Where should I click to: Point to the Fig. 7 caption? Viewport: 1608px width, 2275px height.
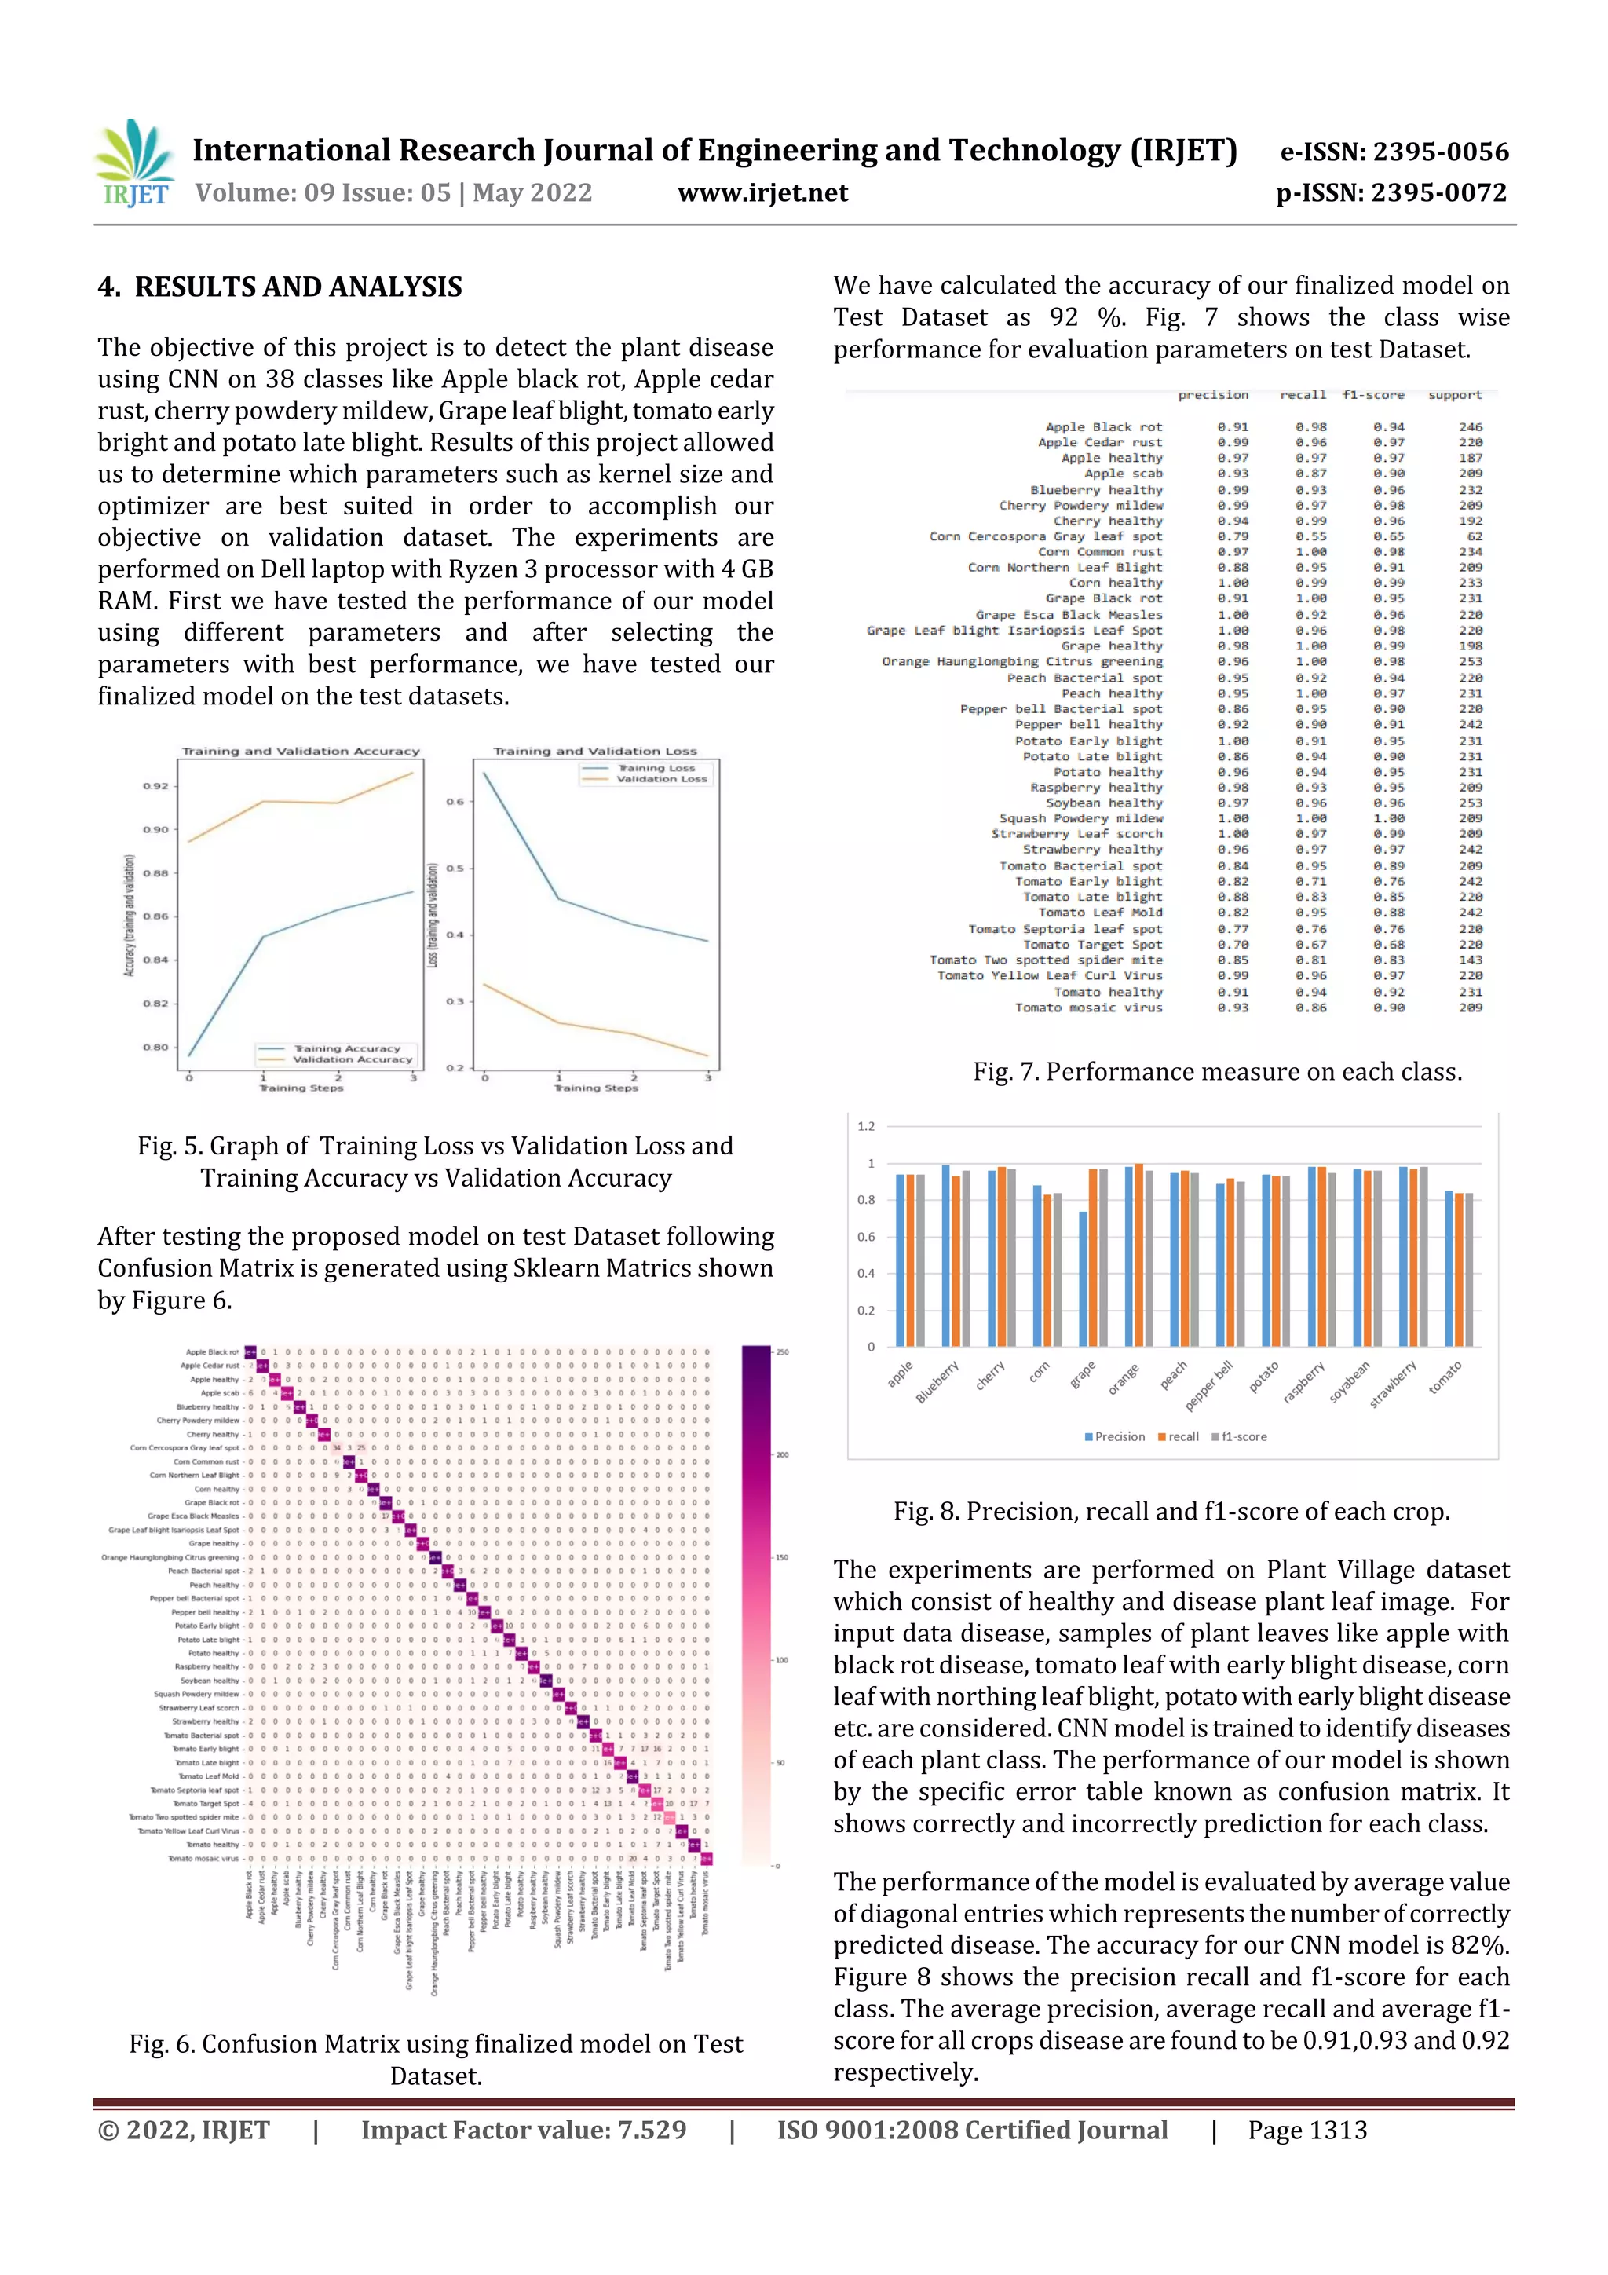point(1217,1071)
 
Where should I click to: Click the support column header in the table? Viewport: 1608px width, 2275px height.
point(1453,394)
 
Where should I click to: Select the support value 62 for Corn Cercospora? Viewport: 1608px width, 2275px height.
point(1473,536)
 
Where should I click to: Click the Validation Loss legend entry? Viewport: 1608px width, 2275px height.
point(661,779)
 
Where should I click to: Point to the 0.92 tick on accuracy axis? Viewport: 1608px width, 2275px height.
point(155,786)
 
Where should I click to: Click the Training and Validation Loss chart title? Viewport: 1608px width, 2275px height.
point(594,751)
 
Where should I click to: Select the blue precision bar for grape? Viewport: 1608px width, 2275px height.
point(1083,1278)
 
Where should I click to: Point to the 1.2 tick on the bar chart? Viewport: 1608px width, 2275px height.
point(866,1127)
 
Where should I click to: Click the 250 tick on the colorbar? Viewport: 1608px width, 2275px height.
point(782,1351)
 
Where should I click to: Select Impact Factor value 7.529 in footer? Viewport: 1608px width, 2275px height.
point(523,2131)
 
